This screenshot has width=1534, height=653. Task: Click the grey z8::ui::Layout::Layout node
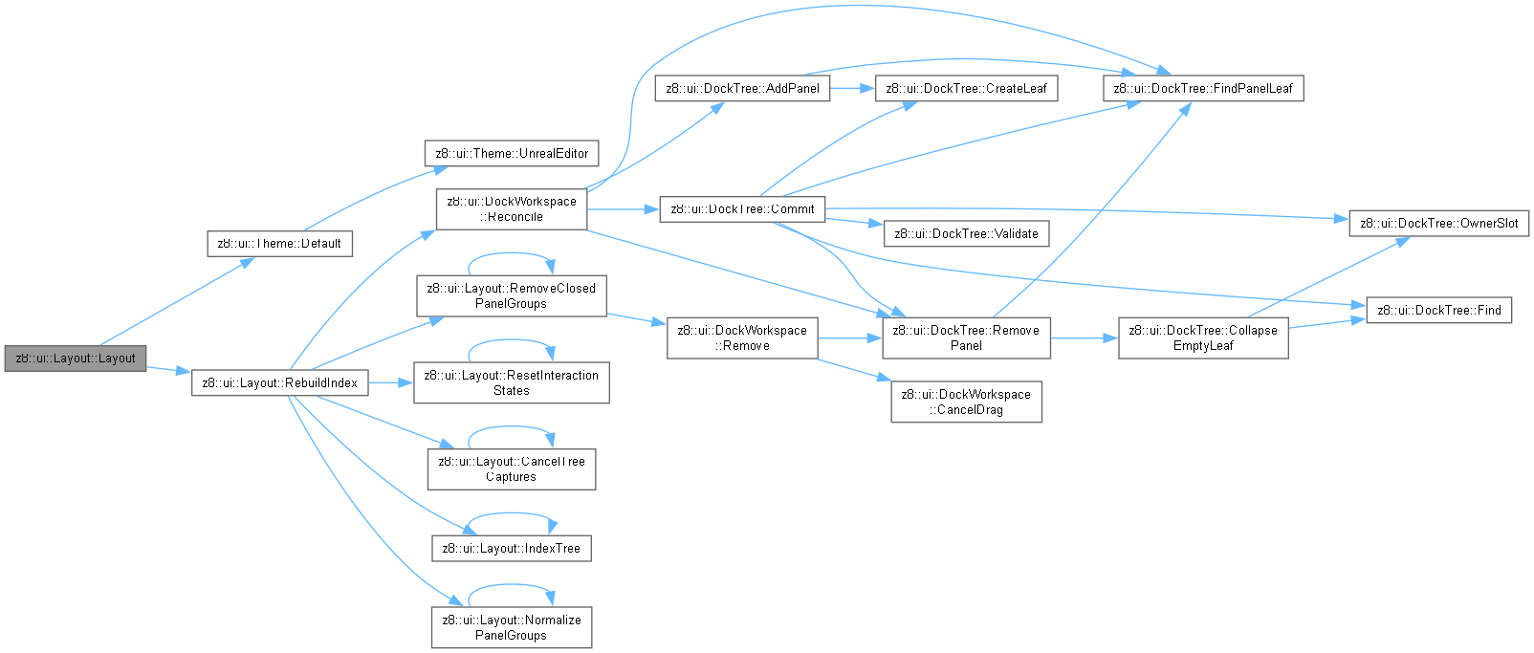pos(76,358)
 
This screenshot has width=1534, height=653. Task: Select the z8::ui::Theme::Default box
pos(279,243)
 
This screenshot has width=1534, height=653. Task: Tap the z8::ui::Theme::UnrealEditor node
pos(512,153)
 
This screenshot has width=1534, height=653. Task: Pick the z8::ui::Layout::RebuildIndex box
pos(279,382)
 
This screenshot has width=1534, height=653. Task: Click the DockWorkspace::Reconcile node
pos(512,208)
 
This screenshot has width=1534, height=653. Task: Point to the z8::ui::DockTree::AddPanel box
pos(742,88)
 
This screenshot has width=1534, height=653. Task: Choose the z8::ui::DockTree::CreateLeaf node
pos(966,88)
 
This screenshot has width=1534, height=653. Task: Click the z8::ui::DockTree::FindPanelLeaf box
pos(1203,88)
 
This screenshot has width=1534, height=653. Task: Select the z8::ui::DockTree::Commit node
pos(742,208)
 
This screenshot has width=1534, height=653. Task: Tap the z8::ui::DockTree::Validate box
pos(966,233)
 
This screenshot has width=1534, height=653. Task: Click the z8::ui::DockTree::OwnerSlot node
pos(1438,223)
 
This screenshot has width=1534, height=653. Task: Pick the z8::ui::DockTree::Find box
pos(1438,310)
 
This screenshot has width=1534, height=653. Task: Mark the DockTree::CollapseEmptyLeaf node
pos(1203,337)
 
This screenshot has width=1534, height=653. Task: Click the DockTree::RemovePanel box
pos(966,337)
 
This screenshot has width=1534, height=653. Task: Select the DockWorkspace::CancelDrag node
pos(966,402)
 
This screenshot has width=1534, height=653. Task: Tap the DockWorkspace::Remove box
pos(742,337)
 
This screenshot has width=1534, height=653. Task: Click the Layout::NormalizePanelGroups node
pos(512,627)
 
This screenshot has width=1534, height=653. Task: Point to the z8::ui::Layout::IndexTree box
pos(512,548)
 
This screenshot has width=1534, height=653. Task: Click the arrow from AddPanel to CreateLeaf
pos(853,88)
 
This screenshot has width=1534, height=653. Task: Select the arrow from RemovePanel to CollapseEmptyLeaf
pos(1085,337)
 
